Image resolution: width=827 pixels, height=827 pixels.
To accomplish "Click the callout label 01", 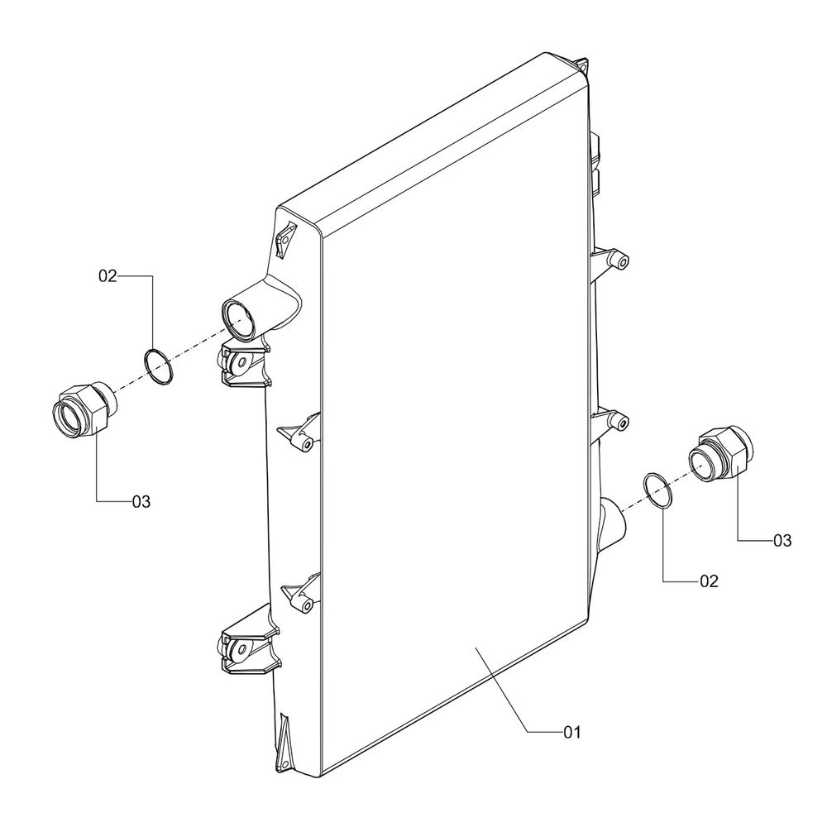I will [x=573, y=732].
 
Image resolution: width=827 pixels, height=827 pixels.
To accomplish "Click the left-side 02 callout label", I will [x=109, y=276].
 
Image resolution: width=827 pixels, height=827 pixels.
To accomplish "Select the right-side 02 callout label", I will [x=708, y=581].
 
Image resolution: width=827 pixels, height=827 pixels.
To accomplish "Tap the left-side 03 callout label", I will [x=141, y=501].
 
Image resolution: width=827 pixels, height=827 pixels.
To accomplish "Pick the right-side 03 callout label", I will [x=782, y=541].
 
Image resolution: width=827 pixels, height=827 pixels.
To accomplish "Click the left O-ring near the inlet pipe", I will [x=158, y=366].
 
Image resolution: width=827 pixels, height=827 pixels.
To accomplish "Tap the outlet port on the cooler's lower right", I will [x=611, y=521].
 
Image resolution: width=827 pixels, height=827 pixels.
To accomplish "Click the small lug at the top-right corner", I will [x=582, y=65].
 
